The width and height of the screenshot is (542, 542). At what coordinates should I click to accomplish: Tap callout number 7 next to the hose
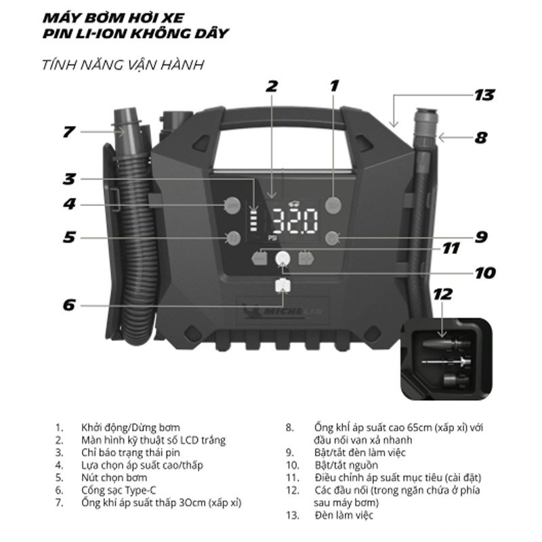(x=68, y=131)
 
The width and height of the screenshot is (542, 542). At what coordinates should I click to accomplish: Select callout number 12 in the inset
(x=442, y=295)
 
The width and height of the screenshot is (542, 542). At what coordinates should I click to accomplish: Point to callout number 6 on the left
(x=68, y=305)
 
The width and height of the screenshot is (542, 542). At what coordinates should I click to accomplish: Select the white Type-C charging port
(x=282, y=285)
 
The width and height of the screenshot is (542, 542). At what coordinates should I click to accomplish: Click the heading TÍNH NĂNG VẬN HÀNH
(x=122, y=65)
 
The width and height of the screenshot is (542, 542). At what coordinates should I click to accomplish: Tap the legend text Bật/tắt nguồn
(x=346, y=465)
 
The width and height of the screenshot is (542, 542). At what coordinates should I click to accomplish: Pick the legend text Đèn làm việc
(x=344, y=515)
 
